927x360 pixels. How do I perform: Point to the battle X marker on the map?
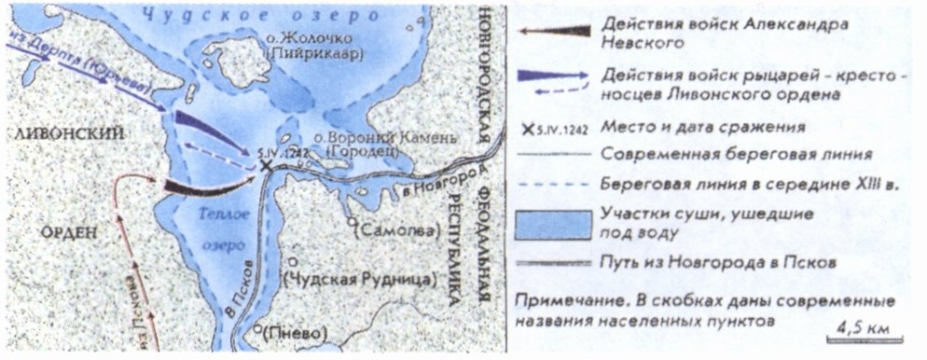click(267, 165)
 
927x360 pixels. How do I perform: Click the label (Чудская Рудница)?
click(360, 279)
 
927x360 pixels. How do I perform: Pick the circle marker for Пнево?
click(260, 329)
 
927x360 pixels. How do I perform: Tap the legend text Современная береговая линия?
click(737, 153)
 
